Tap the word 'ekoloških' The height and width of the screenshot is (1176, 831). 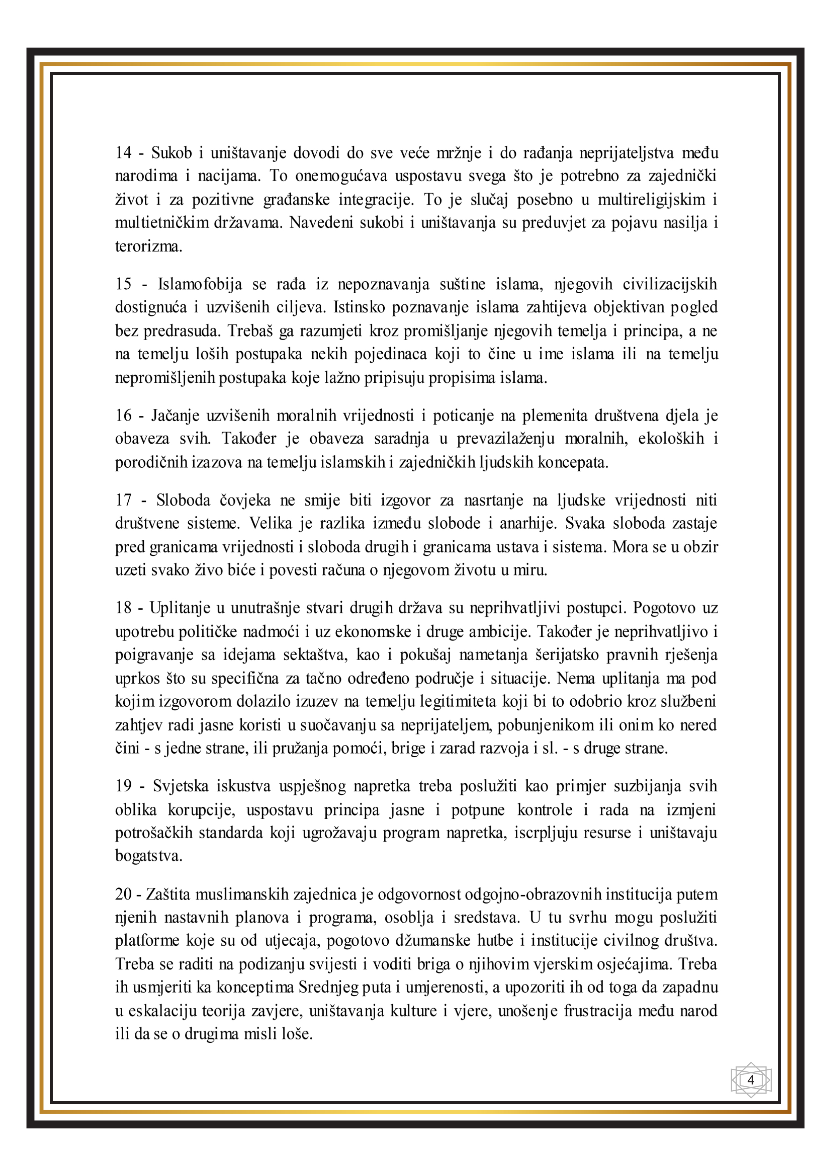tap(671, 439)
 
